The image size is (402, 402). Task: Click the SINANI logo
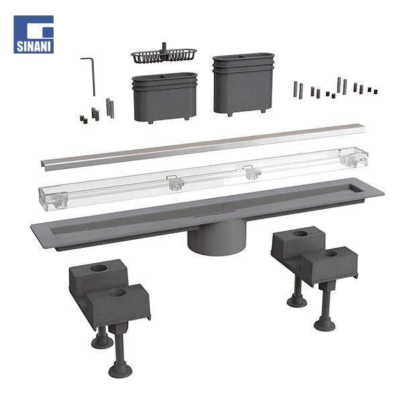click(x=33, y=34)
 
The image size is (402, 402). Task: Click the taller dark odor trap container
click(x=243, y=84)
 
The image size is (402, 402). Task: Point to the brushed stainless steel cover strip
click(x=202, y=147)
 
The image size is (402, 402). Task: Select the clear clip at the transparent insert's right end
click(x=354, y=157)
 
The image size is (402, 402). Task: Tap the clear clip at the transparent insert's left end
click(x=54, y=199)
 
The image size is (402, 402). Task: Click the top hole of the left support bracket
click(x=98, y=268)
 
